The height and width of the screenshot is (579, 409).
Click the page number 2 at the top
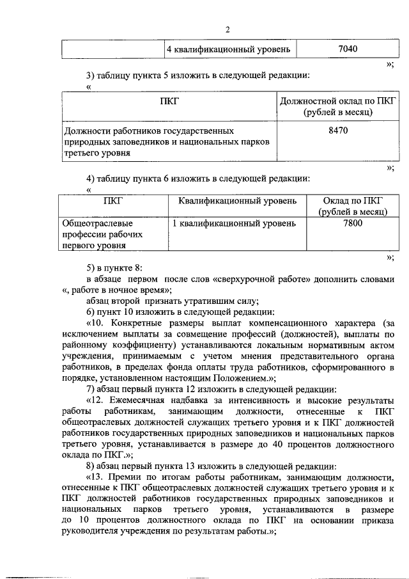pos(227,29)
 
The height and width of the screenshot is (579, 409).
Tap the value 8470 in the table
pos(338,131)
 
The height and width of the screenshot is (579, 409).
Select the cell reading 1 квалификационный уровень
pos(235,223)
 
